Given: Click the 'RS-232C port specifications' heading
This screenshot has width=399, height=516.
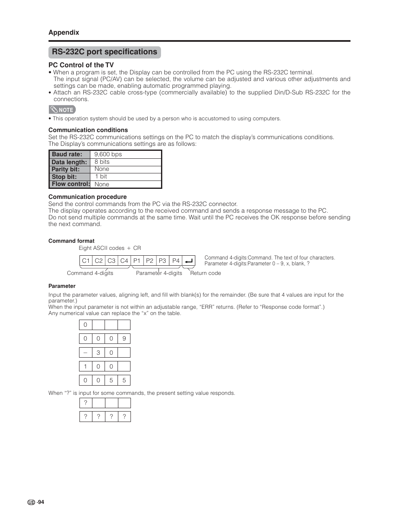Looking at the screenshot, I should coord(105,52).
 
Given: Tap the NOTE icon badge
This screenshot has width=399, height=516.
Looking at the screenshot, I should coord(62,110).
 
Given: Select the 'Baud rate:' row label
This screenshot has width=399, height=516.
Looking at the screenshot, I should coord(67,155).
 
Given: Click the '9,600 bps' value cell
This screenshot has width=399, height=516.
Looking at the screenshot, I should coord(108,155).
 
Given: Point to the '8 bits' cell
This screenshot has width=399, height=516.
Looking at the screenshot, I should coord(102,162).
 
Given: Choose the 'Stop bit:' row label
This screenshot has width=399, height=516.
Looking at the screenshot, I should coord(64,177).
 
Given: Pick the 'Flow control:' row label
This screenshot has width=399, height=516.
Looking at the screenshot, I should coord(71,184).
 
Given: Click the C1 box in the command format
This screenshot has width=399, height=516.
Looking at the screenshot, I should coord(86,261).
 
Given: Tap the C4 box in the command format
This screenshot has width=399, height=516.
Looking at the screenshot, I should coord(124,261).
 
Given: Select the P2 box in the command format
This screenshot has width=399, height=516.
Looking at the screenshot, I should coord(150,261).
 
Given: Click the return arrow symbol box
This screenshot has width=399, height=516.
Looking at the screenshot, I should coord(189,261).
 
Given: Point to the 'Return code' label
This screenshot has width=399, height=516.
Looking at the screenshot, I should coord(205,273).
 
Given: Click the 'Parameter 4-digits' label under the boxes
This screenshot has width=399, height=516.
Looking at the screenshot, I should coord(159,273).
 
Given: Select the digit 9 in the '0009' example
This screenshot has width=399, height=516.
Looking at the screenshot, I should coord(124,339).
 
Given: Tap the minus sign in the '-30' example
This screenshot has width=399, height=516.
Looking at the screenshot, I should coord(85,352).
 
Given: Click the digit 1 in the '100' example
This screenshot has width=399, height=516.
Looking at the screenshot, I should coord(85,366).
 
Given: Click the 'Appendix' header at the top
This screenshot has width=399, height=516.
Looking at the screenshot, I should coord(64,33).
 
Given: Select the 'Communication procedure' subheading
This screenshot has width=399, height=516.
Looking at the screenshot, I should coord(87,197).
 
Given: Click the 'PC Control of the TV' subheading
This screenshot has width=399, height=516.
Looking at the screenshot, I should coord(81,65).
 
